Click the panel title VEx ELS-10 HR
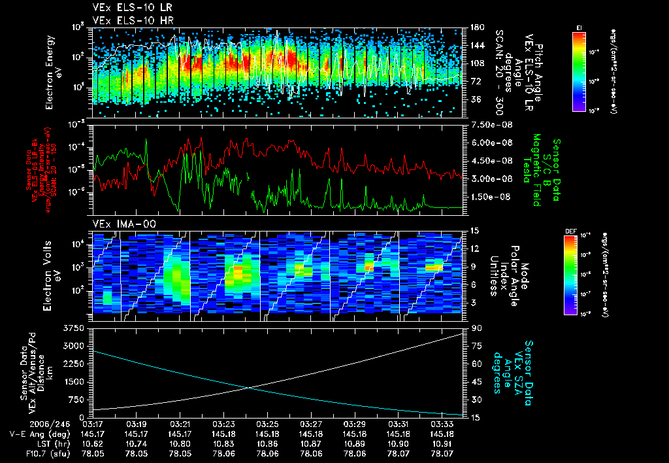point(127,20)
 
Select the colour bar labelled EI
point(579,71)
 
